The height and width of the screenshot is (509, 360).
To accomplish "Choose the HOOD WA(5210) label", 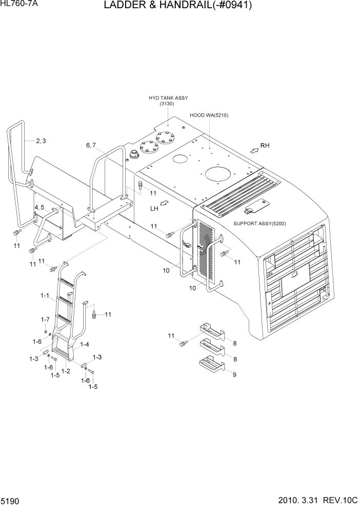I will point(209,115).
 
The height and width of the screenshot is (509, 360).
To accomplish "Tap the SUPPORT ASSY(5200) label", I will point(259,224).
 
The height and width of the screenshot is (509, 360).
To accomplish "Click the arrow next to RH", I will point(254,149).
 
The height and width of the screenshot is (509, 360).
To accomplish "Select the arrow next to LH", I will point(164,204).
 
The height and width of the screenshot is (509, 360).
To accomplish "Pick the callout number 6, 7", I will point(91,145).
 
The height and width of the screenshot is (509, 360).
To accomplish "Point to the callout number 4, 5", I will point(39,207).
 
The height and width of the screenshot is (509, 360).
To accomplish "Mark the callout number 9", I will point(234,375).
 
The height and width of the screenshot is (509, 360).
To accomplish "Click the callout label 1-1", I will point(44,296).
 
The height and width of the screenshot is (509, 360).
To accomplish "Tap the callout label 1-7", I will point(45,320).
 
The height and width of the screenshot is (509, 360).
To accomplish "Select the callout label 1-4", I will point(85,344).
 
